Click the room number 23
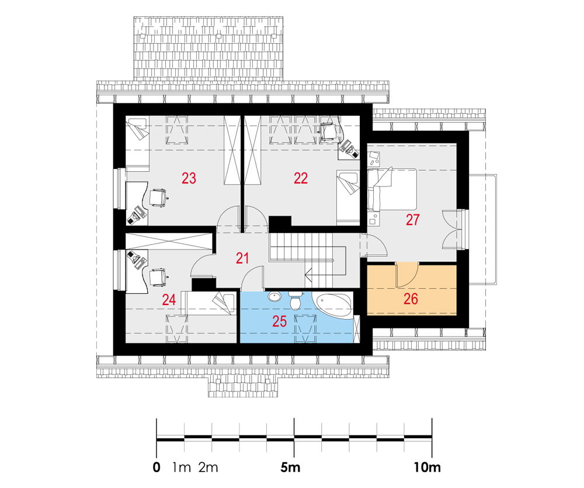coord(189,178)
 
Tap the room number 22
coord(301,178)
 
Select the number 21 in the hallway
coord(242,258)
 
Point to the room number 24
coord(169,300)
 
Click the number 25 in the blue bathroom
coord(279,321)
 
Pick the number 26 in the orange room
coord(411,299)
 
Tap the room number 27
coord(412,220)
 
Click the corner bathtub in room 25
coord(334,306)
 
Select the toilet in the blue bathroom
coord(295,301)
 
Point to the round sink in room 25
coord(274,297)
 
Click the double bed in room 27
coord(392,189)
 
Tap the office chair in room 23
coord(158,198)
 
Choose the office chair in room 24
coord(158,277)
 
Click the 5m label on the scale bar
coord(290,467)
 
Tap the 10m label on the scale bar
coord(427,467)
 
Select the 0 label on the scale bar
coord(157,467)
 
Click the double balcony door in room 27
coord(453,229)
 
